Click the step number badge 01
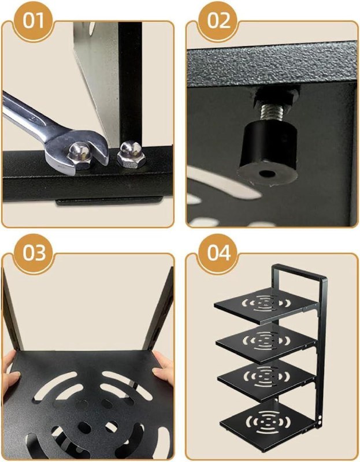pos(33,21)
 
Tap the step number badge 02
pos(218,21)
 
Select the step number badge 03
pos(34,253)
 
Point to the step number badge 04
pos(218,253)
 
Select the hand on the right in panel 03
pos(164,369)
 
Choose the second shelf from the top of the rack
pos(266,342)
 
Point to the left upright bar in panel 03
pos(12,310)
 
